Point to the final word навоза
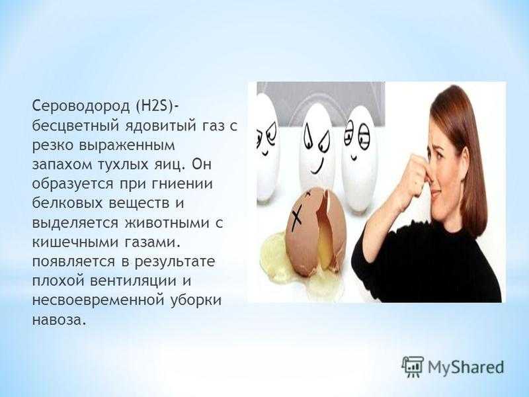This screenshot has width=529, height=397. (x=58, y=320)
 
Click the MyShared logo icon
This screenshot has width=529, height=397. (x=413, y=367)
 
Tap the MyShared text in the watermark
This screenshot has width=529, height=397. (x=466, y=367)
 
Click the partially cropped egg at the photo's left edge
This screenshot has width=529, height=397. (x=267, y=148)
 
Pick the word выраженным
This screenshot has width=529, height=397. (x=127, y=146)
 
